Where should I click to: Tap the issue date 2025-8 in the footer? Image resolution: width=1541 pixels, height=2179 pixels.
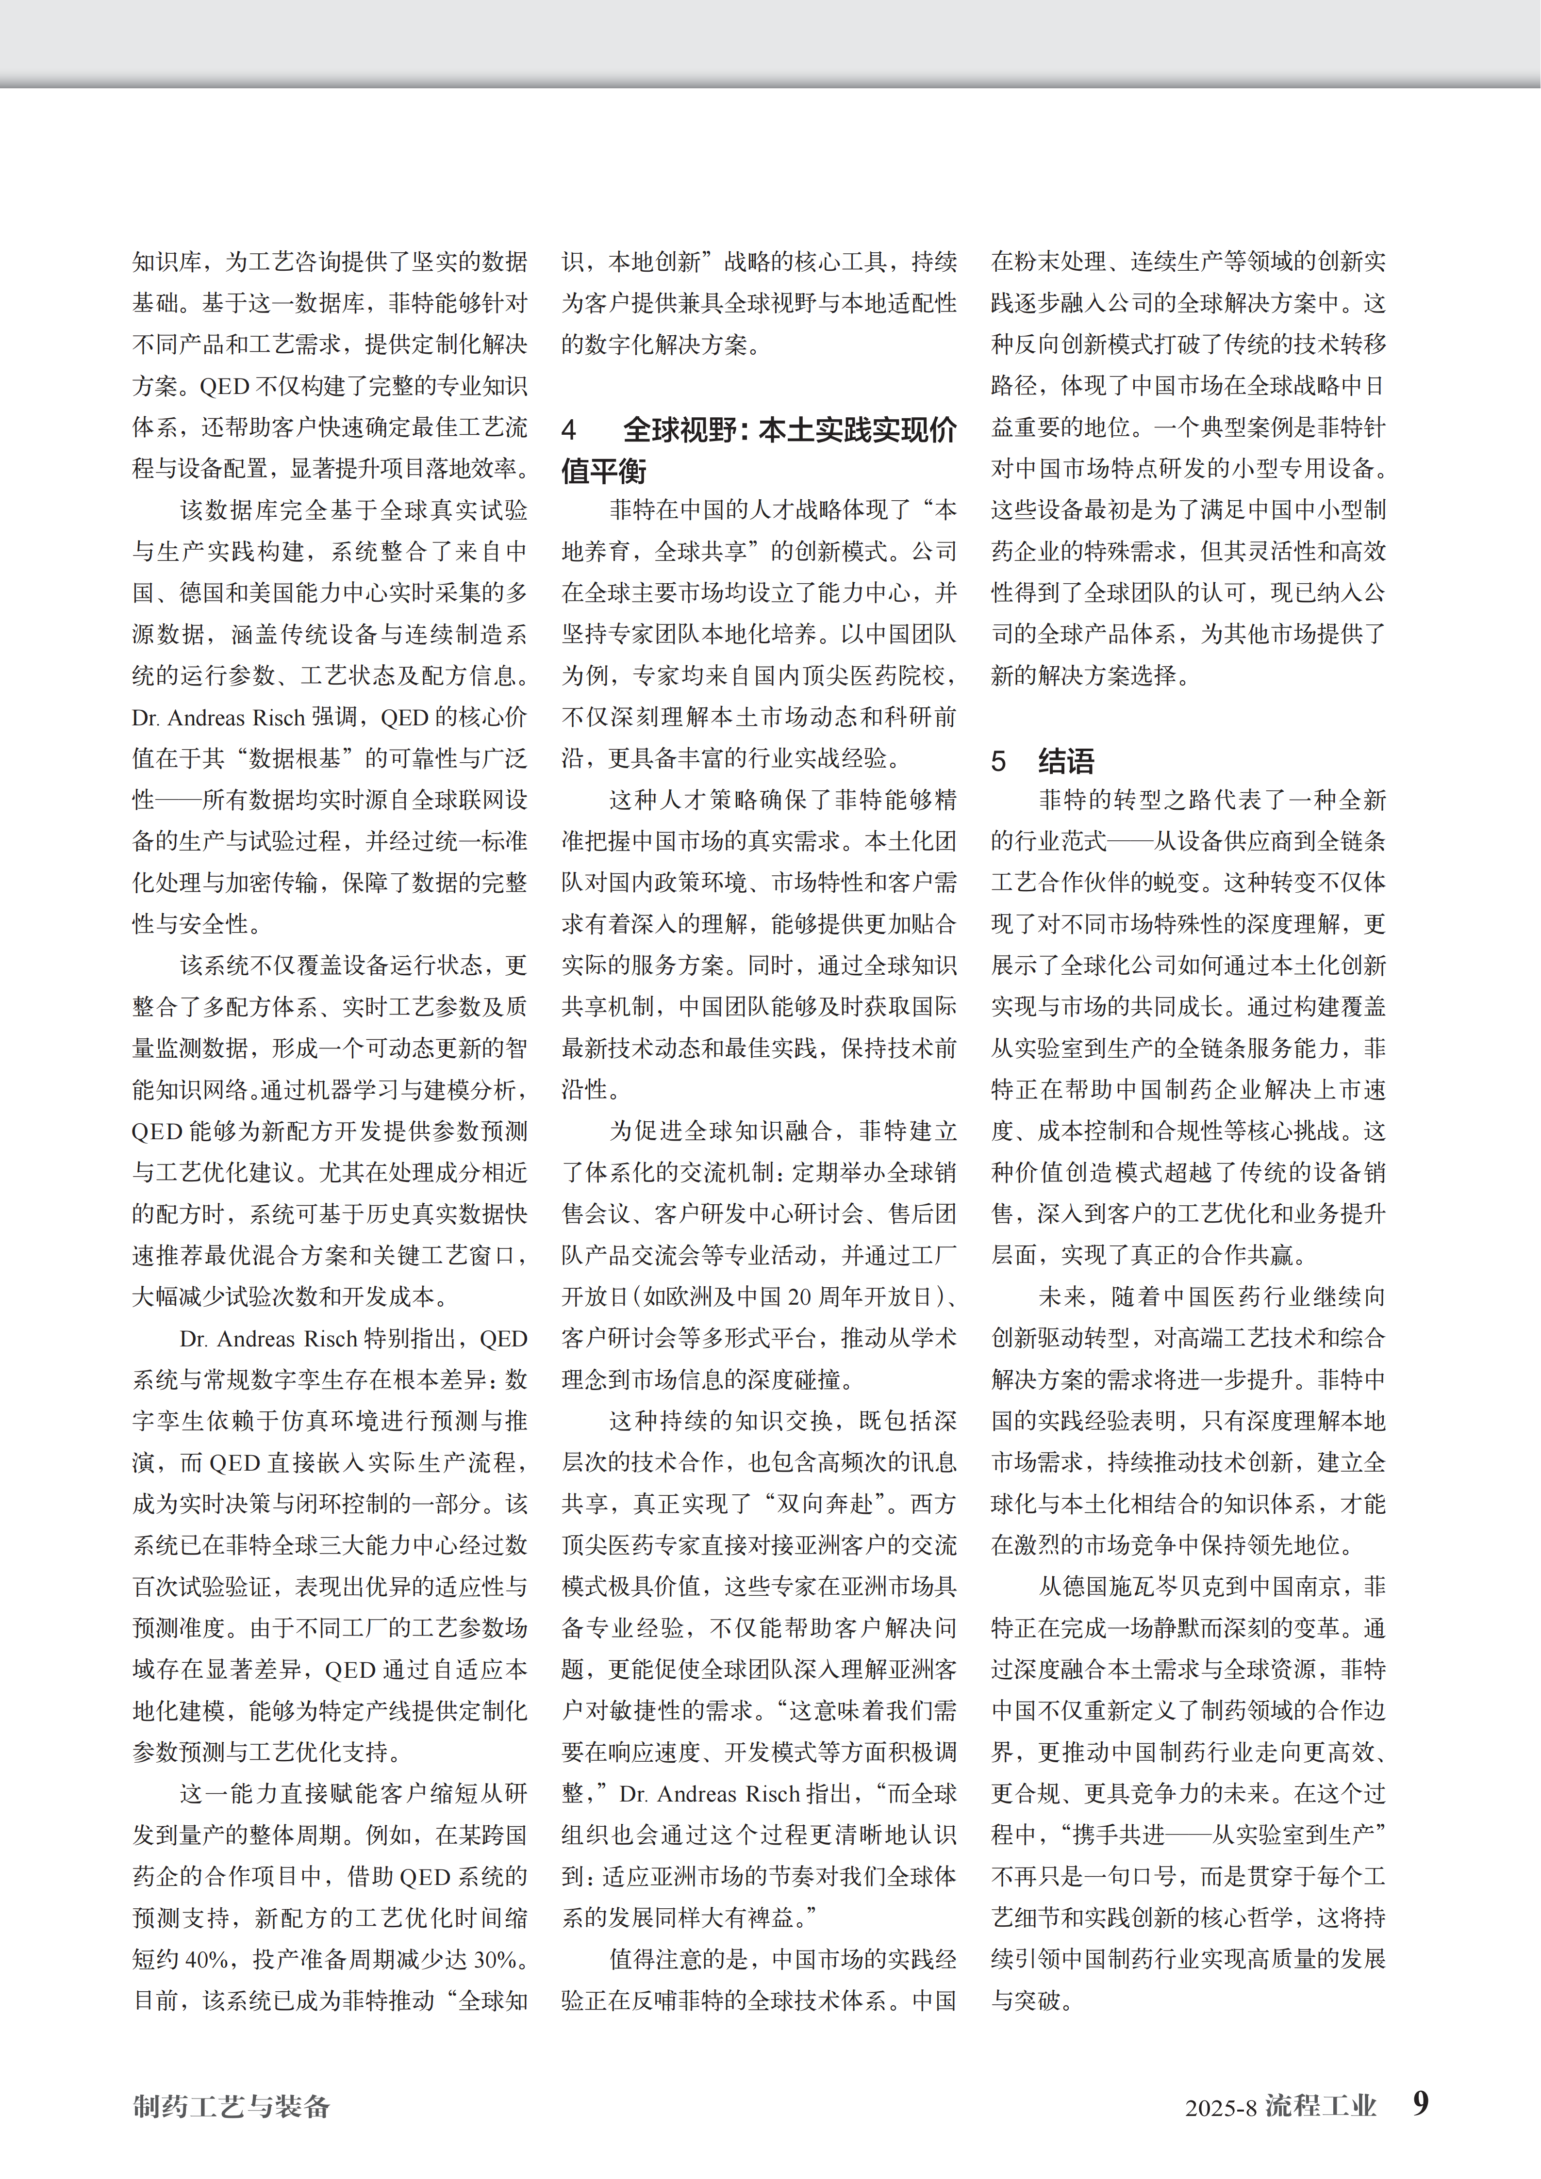pos(1220,2108)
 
